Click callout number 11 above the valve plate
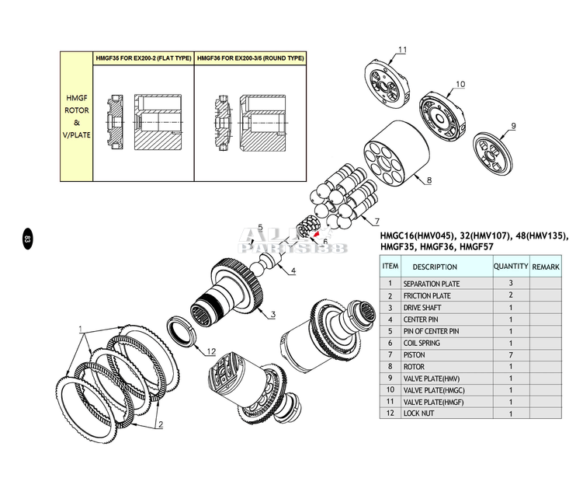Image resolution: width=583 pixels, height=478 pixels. click(x=402, y=51)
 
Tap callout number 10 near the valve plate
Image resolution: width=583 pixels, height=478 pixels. click(x=460, y=84)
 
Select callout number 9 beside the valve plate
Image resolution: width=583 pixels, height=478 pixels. click(x=513, y=126)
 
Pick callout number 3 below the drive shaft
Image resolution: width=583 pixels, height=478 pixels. click(x=272, y=314)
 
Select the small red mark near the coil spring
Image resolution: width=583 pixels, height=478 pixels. click(x=316, y=230)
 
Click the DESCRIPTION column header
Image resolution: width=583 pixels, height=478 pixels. click(x=440, y=267)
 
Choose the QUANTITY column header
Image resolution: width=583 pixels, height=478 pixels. click(x=511, y=266)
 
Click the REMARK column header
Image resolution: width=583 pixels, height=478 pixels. click(x=546, y=267)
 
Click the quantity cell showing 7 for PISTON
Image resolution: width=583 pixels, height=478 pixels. click(x=511, y=354)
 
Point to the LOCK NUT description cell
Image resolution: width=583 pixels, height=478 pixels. click(x=420, y=413)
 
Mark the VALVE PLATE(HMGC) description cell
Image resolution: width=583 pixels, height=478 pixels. click(x=436, y=390)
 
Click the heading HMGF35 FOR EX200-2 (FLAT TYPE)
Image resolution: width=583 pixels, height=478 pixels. click(x=143, y=58)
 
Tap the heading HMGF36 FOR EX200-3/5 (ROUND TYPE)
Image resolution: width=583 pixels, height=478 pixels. click(x=251, y=58)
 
